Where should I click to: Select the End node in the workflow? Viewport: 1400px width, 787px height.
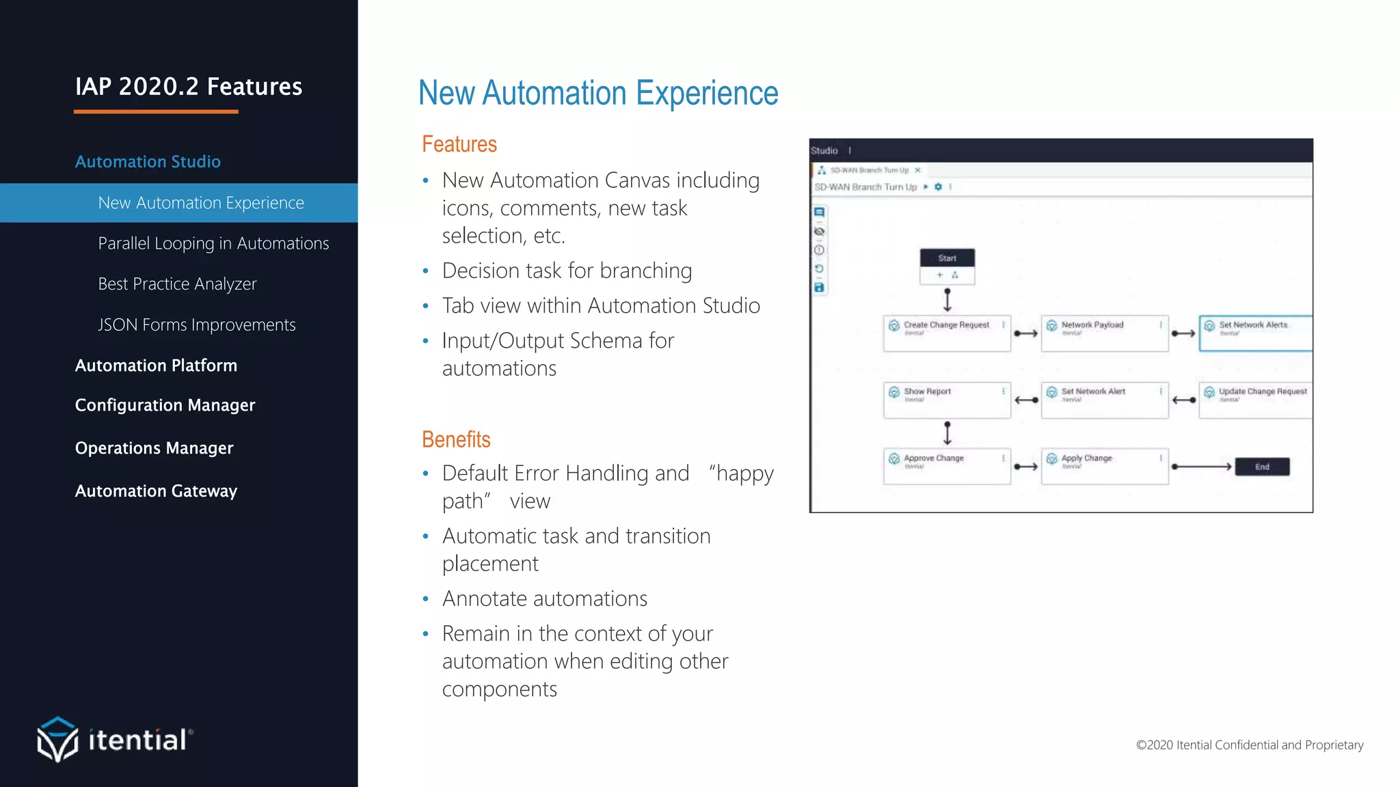point(1262,467)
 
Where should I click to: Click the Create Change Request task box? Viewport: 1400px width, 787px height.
point(947,333)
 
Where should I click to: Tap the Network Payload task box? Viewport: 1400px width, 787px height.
point(1104,333)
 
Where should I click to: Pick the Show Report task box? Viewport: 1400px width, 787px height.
point(947,400)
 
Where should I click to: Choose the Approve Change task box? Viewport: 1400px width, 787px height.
point(947,467)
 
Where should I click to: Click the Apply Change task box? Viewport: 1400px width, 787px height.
point(1104,467)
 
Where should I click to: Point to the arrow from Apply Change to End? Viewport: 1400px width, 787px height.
point(1201,467)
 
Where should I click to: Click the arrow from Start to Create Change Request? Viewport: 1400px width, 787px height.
point(947,300)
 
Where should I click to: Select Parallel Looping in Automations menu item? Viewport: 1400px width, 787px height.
point(213,243)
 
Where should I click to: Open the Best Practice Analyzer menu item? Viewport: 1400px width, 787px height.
point(177,284)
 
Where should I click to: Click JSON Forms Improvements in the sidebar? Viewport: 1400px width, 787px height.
point(197,325)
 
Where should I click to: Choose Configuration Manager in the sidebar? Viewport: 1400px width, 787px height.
point(165,405)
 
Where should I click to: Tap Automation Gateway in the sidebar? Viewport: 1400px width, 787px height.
point(156,491)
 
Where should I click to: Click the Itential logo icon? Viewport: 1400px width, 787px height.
point(57,739)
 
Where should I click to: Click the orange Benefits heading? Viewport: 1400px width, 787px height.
point(456,439)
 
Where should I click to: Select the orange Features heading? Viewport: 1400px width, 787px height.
point(459,144)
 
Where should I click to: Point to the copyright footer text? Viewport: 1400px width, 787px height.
point(1249,745)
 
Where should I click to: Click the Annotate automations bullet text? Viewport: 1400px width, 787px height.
point(544,598)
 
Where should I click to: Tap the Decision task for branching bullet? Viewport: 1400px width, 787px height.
point(567,271)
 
